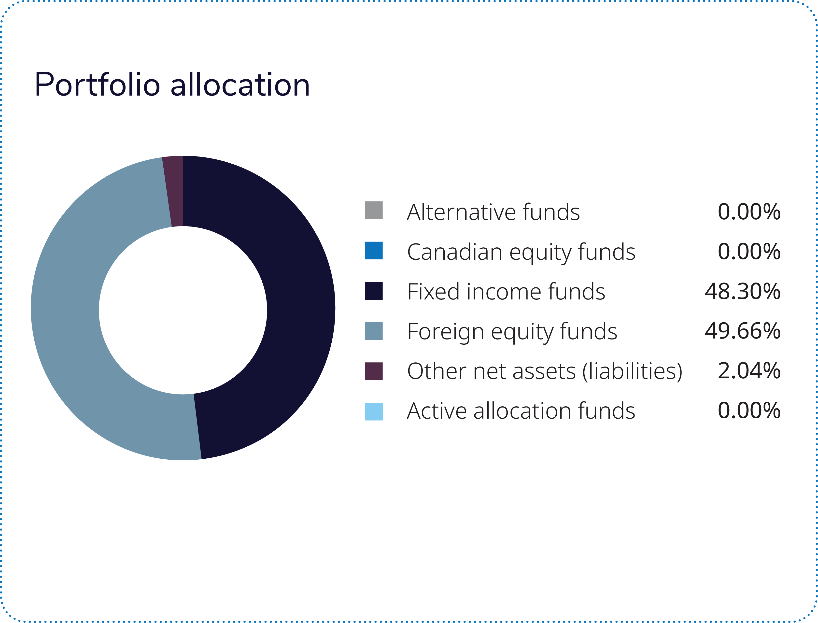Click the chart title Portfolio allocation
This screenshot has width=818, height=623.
(172, 85)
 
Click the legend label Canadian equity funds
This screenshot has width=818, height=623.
(521, 252)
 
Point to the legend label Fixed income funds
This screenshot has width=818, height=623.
(506, 292)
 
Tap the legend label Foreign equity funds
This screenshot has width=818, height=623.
(512, 332)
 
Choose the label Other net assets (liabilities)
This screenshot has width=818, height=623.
(544, 372)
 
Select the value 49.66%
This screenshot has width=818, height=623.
(742, 331)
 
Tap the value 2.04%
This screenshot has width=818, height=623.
(749, 371)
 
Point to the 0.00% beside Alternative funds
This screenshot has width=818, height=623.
(749, 212)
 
